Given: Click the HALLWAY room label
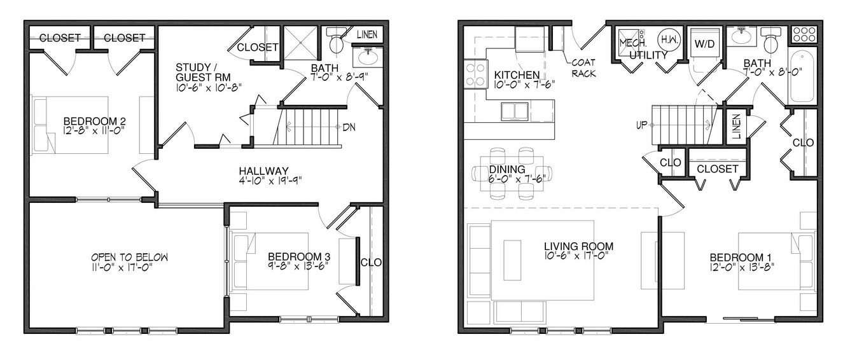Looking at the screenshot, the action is point(264,171).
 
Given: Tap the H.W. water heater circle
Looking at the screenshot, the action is point(670,39).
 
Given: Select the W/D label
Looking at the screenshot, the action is point(705,44).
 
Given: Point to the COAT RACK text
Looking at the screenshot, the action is point(583,68).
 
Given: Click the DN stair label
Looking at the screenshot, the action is point(349,127).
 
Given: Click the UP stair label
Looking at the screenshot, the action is point(642,125).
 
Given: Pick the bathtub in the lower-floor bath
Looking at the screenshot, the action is point(802,76).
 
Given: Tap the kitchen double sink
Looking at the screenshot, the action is point(515,111).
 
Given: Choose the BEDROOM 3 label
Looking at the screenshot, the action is point(299,257).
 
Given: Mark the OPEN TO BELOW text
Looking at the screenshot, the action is point(129,257).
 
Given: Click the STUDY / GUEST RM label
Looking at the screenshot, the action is point(203,73).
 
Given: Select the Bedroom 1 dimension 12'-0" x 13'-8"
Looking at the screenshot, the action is point(742,267).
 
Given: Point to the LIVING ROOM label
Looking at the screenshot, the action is point(579,247).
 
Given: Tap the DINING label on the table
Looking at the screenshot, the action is point(507,169).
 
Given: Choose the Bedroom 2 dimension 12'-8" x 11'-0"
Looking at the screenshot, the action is point(95,131).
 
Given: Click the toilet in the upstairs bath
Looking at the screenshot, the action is point(336,41).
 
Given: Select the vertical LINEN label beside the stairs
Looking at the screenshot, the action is point(737,127).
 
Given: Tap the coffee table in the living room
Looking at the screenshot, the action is point(512,260).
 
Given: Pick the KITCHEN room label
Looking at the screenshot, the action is point(517,75).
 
